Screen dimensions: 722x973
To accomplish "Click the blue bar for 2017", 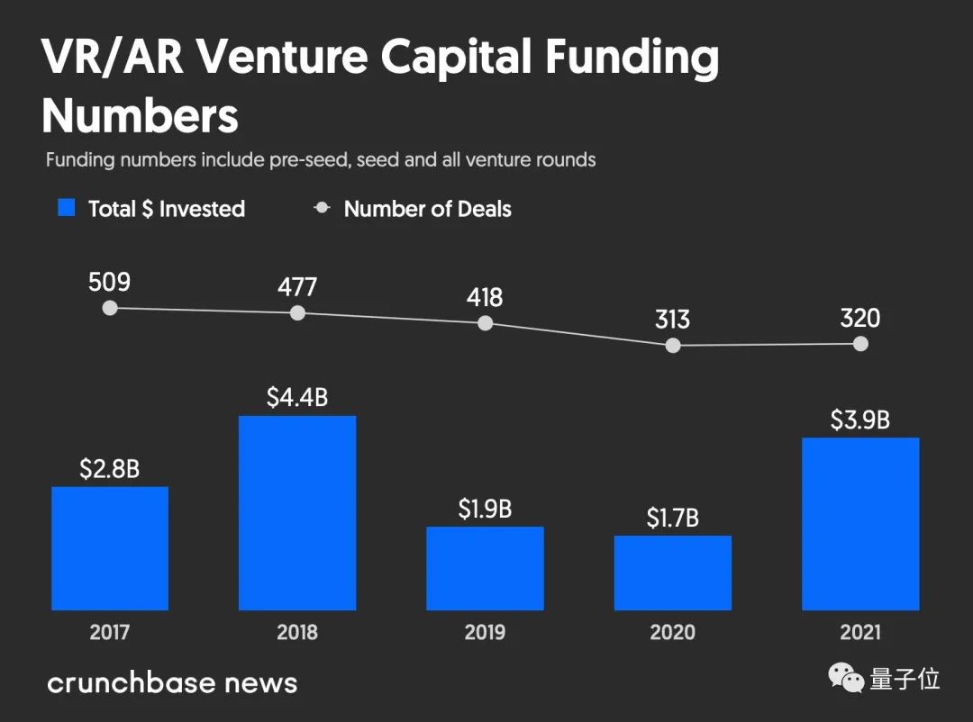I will (110, 548).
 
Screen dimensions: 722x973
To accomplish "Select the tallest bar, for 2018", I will (297, 513).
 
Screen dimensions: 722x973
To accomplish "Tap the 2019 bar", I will (485, 568).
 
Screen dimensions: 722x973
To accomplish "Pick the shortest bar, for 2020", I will (672, 573).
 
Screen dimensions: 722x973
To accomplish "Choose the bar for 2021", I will (860, 524).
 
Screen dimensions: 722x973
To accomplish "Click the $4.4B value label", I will (297, 398).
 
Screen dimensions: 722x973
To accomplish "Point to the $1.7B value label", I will (672, 519).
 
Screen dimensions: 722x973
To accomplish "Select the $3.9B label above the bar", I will (860, 420).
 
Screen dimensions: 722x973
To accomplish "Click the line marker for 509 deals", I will (110, 308).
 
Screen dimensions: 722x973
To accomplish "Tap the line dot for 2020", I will (672, 346).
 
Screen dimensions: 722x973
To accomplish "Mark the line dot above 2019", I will (485, 323).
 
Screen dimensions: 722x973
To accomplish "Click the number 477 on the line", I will (297, 287).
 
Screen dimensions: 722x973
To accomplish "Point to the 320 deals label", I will (860, 319).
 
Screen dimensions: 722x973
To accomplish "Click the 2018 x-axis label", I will (297, 632).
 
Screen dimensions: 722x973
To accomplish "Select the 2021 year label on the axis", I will (860, 632).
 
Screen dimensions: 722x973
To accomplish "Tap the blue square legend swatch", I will (66, 208).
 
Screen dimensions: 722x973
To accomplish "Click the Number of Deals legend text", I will (427, 210).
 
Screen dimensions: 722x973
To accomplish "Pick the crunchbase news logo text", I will (171, 681).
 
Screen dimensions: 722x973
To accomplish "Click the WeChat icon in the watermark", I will (845, 678).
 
